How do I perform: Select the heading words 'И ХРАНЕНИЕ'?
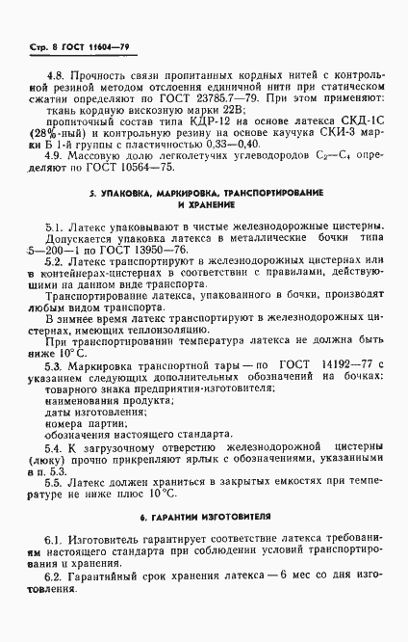tap(205, 206)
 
